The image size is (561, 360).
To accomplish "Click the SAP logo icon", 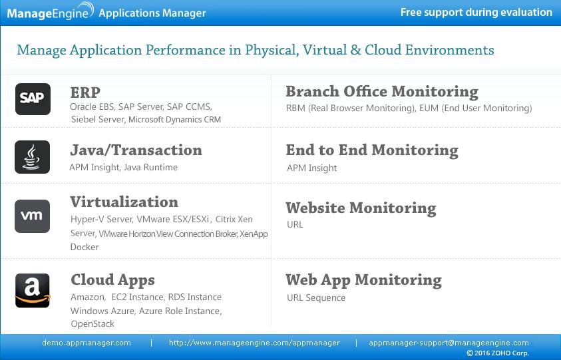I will click(33, 98).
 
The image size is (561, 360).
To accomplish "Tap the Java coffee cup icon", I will click(33, 157).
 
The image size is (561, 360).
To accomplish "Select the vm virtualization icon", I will click(33, 216).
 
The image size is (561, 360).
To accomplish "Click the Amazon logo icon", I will click(33, 290).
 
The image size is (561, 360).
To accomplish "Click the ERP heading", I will click(85, 92).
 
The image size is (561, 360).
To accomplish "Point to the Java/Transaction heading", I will click(136, 150).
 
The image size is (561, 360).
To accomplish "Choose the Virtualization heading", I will click(124, 202).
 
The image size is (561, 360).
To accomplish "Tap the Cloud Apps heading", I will click(112, 279).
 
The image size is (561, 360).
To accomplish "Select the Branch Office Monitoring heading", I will click(382, 91).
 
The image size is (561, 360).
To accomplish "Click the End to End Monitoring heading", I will click(372, 150).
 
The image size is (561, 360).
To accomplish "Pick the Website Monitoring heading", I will click(361, 208).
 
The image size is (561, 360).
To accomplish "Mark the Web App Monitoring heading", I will click(363, 279).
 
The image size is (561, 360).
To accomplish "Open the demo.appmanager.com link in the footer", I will click(87, 343).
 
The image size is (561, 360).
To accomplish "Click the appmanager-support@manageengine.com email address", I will click(449, 343).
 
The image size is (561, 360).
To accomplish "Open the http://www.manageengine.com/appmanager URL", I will click(254, 343).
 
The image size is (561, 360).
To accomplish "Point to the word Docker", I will click(85, 247).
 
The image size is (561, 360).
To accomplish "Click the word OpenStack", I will click(93, 324).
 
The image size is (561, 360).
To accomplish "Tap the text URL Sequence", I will click(316, 297).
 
